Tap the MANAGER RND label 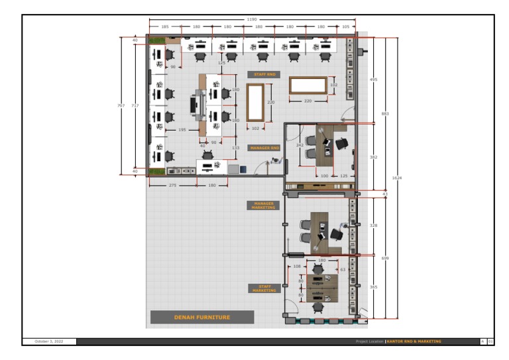pyautogui.click(x=264, y=148)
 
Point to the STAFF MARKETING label pyautogui.click(x=263, y=288)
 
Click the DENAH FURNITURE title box pyautogui.click(x=201, y=318)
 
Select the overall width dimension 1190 pyautogui.click(x=251, y=20)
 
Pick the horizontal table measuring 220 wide pyautogui.click(x=308, y=86)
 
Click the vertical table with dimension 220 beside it pyautogui.click(x=256, y=103)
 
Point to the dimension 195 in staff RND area pyautogui.click(x=182, y=130)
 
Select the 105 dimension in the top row pyautogui.click(x=345, y=27)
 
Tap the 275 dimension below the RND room pyautogui.click(x=172, y=185)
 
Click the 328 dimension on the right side pyautogui.click(x=373, y=225)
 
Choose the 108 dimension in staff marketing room pyautogui.click(x=297, y=267)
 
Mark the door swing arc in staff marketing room pyautogui.click(x=290, y=307)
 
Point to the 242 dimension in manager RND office pyautogui.click(x=300, y=145)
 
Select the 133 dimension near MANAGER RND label pyautogui.click(x=235, y=148)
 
